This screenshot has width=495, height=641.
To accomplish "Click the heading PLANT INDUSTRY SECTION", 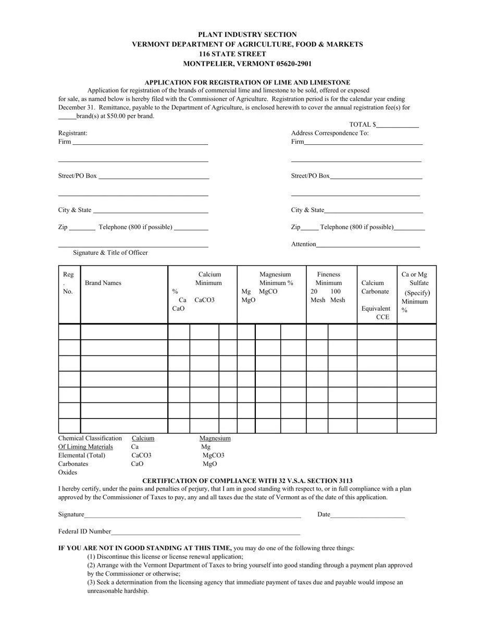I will [247, 34].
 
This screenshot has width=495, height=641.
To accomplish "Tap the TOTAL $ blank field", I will [398, 125].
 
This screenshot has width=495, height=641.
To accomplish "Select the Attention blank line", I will [368, 244].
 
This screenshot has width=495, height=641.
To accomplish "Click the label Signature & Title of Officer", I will [110, 253].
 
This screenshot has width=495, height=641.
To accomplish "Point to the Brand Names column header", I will [103, 283].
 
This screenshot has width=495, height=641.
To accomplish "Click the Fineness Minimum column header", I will [328, 279].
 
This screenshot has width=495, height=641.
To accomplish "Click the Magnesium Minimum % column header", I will [276, 279].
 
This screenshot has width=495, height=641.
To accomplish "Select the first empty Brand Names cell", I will [124, 332].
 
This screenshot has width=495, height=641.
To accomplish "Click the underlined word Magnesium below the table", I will [215, 438].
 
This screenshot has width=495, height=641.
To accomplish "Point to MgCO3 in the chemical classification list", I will [213, 455].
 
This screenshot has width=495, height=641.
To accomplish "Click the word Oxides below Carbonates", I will [68, 472].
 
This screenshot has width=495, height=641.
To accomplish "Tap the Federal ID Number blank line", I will [206, 532].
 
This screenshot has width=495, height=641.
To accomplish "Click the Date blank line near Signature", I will [367, 515].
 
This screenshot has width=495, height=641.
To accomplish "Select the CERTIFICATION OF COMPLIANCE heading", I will [247, 480].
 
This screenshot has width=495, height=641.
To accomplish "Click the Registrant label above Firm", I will [72, 133].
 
